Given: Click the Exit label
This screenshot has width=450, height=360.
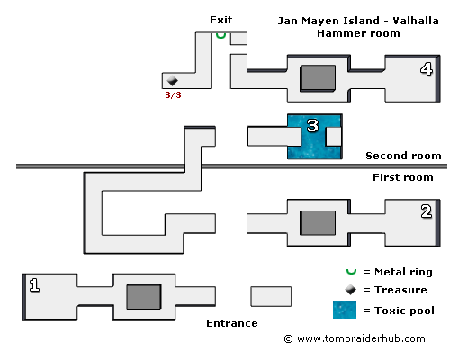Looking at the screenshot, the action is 221,20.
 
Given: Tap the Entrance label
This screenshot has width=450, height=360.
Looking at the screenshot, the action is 232,323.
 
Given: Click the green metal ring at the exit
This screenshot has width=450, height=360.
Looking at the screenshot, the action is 220,35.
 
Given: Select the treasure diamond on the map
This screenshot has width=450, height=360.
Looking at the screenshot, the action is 172,80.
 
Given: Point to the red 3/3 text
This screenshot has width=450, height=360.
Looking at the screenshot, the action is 173,95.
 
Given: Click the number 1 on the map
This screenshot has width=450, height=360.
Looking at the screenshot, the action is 34,285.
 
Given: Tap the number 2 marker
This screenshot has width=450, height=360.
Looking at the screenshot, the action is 427,211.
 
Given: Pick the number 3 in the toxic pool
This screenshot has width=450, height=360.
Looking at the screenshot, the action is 312,126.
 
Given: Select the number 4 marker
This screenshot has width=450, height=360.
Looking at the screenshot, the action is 427,69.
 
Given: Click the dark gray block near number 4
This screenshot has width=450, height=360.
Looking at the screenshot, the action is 318,78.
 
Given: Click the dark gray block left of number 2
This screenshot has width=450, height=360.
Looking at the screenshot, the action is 318,223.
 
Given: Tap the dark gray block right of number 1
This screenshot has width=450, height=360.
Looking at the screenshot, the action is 144,296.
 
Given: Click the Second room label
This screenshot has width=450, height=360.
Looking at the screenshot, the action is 403,156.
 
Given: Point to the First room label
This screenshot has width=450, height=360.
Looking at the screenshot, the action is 403,177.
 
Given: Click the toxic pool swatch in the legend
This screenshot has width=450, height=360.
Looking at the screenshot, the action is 345,310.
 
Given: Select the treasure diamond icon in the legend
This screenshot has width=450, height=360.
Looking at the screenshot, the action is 350,290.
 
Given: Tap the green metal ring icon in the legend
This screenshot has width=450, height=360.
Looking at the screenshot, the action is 351,272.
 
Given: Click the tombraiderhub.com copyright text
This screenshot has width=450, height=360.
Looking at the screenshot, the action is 355,338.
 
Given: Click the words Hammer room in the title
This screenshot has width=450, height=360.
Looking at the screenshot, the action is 358,33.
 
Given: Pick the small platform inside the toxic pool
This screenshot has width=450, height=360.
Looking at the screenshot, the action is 334,137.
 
